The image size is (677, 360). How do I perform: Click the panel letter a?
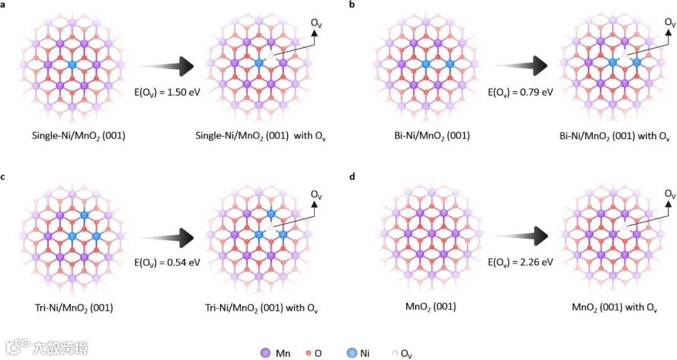click(4, 5)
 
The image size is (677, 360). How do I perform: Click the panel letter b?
click(352, 5)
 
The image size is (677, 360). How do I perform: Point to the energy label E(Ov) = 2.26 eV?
click(520, 262)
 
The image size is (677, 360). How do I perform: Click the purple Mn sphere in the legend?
click(265, 353)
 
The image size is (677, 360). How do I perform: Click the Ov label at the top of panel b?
click(670, 23)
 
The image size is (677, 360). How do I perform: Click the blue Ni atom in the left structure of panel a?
click(71, 65)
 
